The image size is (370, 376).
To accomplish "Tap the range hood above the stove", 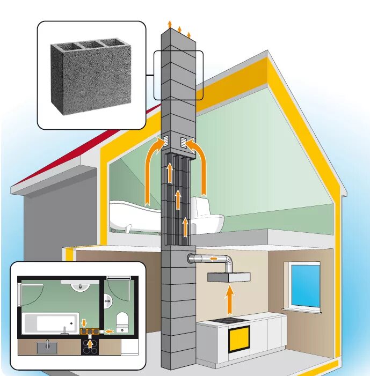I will (x=228, y=278).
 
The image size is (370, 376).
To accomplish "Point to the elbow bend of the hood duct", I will (x=228, y=262).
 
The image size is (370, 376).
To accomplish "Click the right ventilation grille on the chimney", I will (x=184, y=142).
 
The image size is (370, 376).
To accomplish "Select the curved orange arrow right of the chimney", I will (x=201, y=166).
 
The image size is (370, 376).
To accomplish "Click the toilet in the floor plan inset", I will (x=122, y=321).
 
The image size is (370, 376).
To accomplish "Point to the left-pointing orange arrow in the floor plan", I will (x=109, y=331).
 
